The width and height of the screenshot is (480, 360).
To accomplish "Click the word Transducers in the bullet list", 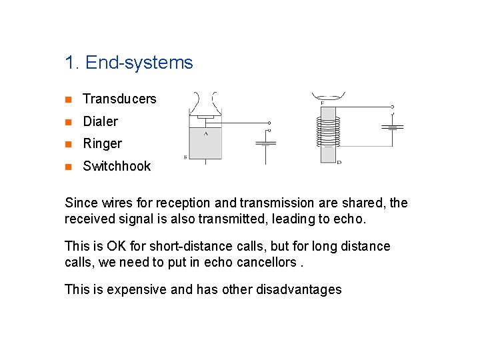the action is click(x=119, y=99).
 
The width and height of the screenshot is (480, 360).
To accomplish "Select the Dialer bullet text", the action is click(x=100, y=121).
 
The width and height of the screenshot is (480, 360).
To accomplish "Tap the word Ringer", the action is click(x=102, y=143).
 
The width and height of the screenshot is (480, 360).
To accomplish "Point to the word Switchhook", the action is click(x=117, y=166).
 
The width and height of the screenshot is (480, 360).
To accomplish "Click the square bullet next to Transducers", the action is click(x=68, y=100).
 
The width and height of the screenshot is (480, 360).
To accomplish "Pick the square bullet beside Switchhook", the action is click(x=68, y=167).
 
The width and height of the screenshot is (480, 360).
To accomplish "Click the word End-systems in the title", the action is click(x=139, y=63).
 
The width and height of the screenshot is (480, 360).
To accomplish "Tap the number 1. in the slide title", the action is click(x=73, y=63).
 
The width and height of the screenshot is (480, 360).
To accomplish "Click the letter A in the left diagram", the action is click(x=205, y=133).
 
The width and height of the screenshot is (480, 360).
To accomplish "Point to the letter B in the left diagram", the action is click(x=185, y=157).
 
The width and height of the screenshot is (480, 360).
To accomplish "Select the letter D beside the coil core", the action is click(x=339, y=161).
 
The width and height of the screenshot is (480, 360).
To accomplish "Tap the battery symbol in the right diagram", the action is click(x=393, y=127).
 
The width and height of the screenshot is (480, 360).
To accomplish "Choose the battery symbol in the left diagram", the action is click(x=266, y=143).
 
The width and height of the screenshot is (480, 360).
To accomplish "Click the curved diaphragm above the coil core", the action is click(x=327, y=97).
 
